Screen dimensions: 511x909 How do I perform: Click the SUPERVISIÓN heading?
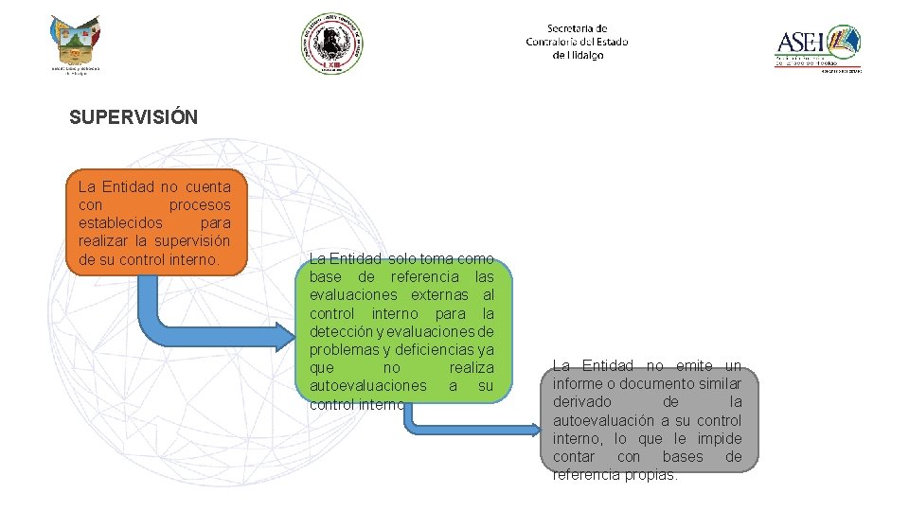134,117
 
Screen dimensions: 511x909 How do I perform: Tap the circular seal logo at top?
332,43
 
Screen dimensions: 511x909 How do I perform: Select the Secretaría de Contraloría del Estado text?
577,42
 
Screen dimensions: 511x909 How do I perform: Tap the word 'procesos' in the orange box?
200,205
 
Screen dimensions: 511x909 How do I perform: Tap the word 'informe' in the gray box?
578,384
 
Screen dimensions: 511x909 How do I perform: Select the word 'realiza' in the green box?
472,368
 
